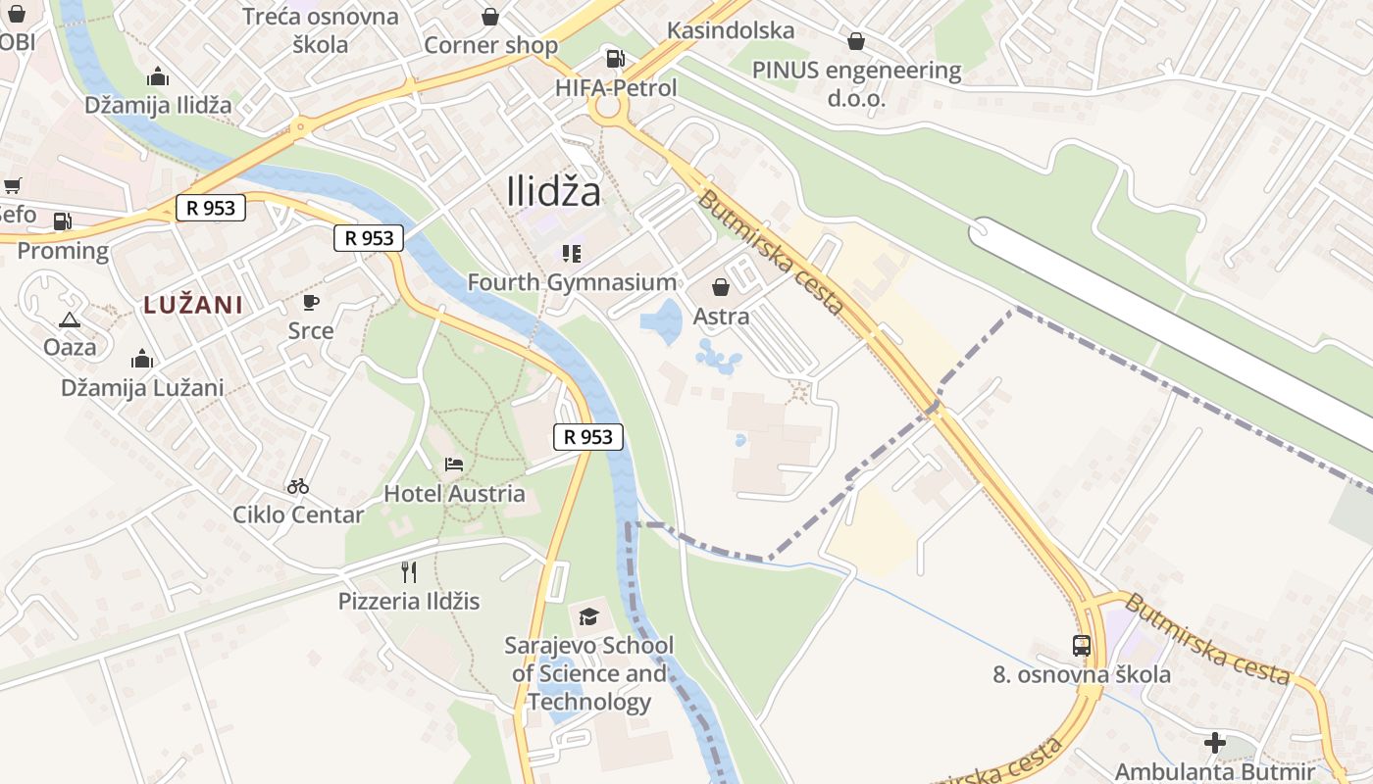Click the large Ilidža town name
point(554,191)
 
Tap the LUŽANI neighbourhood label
point(193,305)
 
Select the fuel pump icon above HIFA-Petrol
point(615,59)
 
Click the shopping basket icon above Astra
point(721,287)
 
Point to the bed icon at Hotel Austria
point(453,464)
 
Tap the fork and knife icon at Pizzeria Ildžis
point(409,571)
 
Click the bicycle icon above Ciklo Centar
point(298,485)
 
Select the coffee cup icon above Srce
point(311,302)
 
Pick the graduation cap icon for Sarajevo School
point(588,616)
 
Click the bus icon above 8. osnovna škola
point(1082,646)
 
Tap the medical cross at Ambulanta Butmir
point(1215,743)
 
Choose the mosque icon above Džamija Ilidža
point(158,76)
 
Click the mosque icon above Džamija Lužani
point(142,359)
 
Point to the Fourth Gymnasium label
point(572,282)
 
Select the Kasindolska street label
point(731,30)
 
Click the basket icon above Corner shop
point(490,17)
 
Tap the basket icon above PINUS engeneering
point(856,41)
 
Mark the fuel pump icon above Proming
point(63,221)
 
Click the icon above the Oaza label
point(70,318)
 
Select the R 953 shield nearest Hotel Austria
point(588,437)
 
